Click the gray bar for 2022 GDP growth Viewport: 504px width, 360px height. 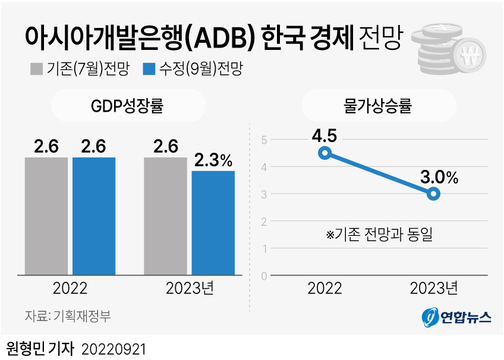tap(46, 216)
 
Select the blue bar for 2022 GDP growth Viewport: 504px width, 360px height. tap(94, 216)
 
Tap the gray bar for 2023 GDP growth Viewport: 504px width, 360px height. tap(165, 216)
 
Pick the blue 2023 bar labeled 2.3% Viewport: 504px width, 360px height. tap(213, 223)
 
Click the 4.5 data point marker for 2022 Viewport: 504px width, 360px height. tap(325, 153)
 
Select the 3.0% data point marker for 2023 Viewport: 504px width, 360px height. tap(434, 194)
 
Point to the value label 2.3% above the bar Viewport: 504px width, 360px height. tap(213, 160)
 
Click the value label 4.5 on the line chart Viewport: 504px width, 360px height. tap(324, 136)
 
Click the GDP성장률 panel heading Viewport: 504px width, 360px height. tap(127, 107)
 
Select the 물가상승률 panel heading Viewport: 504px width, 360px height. tap(378, 107)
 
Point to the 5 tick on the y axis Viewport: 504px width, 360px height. tap(264, 140)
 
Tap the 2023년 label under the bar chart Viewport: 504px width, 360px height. tap(189, 289)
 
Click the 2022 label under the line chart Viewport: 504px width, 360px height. tap(325, 289)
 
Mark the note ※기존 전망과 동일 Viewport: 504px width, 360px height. tap(379, 235)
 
